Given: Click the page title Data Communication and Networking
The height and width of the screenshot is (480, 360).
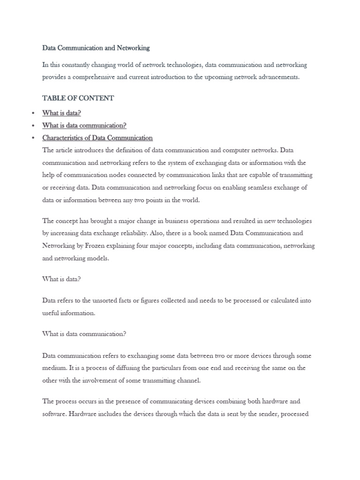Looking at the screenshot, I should coord(96,48).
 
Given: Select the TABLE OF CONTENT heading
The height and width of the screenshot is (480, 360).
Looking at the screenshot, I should coord(78,98).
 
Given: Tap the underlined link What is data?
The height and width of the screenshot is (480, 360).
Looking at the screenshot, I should coord(61,113).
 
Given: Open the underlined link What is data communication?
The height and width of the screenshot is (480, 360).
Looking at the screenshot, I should coord(84,126).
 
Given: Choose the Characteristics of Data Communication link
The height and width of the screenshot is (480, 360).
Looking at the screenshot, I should coord(97,138).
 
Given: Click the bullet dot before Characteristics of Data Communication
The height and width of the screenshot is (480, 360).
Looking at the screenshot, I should coord(32,138).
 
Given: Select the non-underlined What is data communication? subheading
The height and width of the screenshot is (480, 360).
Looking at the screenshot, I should coord(84,334).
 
